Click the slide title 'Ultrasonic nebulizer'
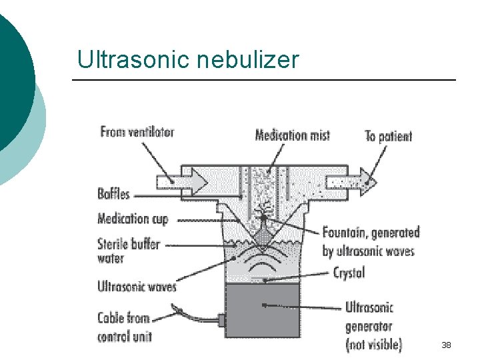click(x=188, y=60)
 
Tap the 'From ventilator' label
click(x=137, y=132)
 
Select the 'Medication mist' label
click(x=292, y=135)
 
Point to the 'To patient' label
click(x=388, y=137)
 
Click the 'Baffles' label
click(x=113, y=195)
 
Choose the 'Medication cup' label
click(x=133, y=219)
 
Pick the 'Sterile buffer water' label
click(x=129, y=251)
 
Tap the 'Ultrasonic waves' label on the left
click(x=137, y=287)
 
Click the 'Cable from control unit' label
click(x=125, y=327)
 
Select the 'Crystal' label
click(x=349, y=273)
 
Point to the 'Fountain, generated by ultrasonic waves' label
click(x=371, y=241)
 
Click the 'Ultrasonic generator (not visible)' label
click(x=373, y=326)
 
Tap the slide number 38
click(x=446, y=345)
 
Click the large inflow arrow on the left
click(x=175, y=180)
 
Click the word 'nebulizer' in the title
click(x=248, y=60)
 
